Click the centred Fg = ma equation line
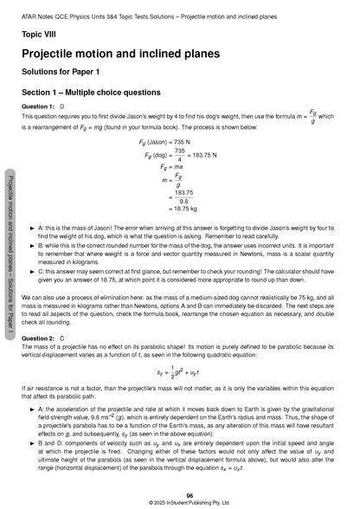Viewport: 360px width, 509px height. (x=173, y=170)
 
